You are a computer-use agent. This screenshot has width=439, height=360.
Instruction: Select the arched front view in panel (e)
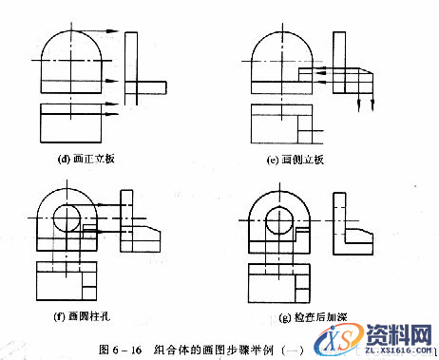click(282, 57)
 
